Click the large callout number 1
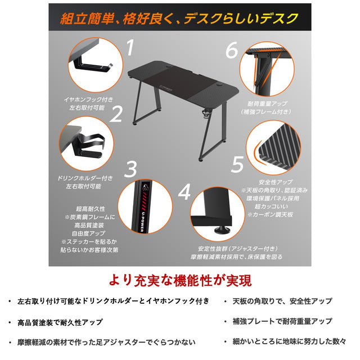(130, 47)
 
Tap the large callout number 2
(116, 114)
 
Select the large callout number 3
(130, 169)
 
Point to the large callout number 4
(184, 192)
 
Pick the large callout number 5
(237, 164)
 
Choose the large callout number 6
(232, 50)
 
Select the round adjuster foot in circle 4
(221, 229)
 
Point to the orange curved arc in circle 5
(257, 152)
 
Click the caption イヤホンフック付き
(88, 100)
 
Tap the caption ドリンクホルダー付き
(85, 178)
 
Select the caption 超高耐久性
(91, 209)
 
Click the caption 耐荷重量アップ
(267, 103)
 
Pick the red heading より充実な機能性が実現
(180, 280)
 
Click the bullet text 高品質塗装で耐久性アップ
(60, 322)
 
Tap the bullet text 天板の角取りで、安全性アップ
(282, 301)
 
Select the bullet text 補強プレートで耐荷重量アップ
(282, 321)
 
